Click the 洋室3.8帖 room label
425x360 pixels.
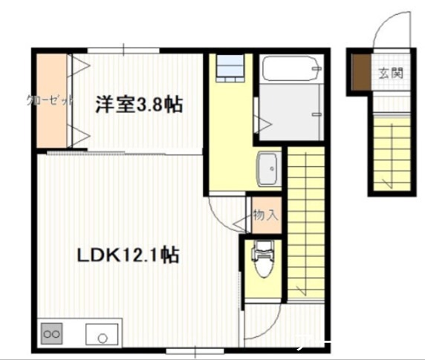139,105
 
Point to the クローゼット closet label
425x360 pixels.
50,99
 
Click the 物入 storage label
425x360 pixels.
265,215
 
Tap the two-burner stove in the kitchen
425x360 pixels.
52,336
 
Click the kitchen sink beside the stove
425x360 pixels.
103,336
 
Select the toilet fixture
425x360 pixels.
262,262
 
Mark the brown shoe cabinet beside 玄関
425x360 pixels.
360,73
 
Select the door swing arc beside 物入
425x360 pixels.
227,212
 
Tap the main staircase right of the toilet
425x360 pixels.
305,223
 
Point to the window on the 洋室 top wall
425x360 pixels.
123,50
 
